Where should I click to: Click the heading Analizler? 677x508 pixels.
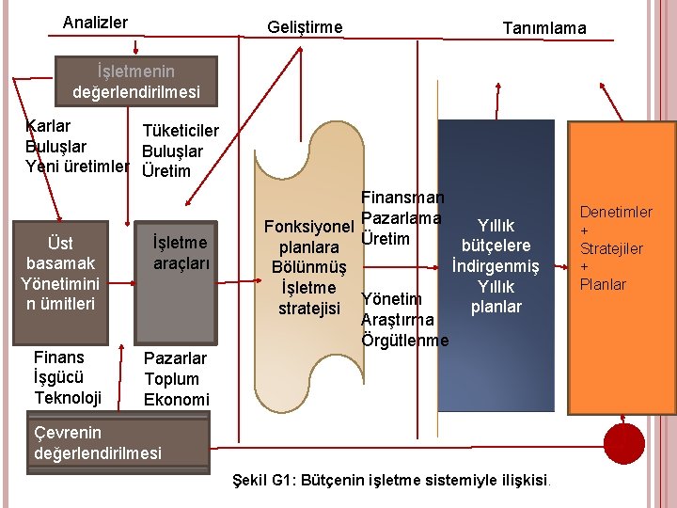pyautogui.click(x=95, y=22)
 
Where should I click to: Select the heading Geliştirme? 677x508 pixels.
pyautogui.click(x=305, y=27)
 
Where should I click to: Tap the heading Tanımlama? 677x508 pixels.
pyautogui.click(x=543, y=28)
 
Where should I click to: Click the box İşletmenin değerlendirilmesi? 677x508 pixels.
pyautogui.click(x=135, y=82)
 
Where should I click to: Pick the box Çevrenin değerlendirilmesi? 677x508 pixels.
pyautogui.click(x=97, y=443)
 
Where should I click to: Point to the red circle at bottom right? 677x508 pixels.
pyautogui.click(x=625, y=441)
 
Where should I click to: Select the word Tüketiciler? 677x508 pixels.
pyautogui.click(x=180, y=131)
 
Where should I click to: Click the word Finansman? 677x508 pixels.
pyautogui.click(x=402, y=198)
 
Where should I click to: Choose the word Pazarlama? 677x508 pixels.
pyautogui.click(x=401, y=218)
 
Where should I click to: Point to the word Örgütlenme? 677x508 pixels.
pyautogui.click(x=405, y=341)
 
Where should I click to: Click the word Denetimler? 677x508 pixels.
pyautogui.click(x=616, y=213)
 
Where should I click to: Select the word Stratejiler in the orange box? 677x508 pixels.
pyautogui.click(x=611, y=248)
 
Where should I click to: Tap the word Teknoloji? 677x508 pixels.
pyautogui.click(x=68, y=398)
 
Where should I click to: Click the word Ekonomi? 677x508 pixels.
pyautogui.click(x=176, y=400)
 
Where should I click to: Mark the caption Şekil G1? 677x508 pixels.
pyautogui.click(x=393, y=481)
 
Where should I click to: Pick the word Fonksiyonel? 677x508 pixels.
pyautogui.click(x=308, y=227)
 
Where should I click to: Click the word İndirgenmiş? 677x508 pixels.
pyautogui.click(x=496, y=266)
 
